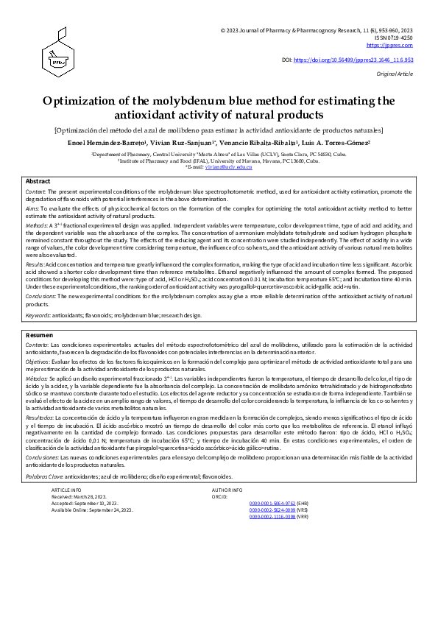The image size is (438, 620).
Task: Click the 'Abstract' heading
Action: [38, 181]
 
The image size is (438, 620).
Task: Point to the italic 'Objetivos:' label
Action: [39, 363]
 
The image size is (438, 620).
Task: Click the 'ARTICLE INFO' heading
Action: [67, 490]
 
